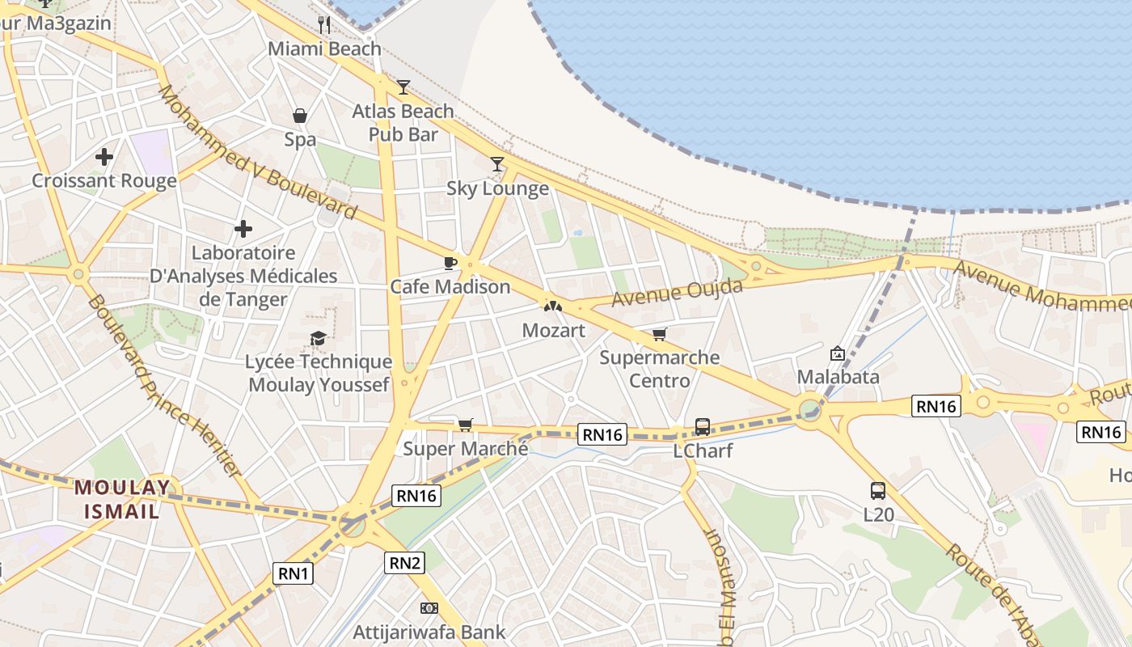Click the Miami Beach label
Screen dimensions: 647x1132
click(x=324, y=49)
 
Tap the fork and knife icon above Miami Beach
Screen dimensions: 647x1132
click(x=324, y=24)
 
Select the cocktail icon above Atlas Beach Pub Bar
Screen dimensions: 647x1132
click(x=403, y=87)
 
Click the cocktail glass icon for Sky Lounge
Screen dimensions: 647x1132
click(x=497, y=164)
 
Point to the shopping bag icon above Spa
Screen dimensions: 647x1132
click(x=300, y=116)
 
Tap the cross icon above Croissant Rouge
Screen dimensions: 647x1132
click(x=104, y=157)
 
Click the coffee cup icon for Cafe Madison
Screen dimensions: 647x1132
click(x=450, y=263)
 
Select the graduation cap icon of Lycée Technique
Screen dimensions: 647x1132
click(x=318, y=338)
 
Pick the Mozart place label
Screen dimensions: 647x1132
click(x=553, y=330)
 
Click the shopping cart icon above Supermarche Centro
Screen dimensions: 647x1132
click(x=660, y=334)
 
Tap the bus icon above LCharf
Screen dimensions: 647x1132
click(x=703, y=426)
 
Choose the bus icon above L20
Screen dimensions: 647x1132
click(x=877, y=490)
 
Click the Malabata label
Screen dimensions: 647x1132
click(x=838, y=377)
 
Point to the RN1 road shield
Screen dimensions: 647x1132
click(x=293, y=573)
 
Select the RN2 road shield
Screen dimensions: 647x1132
click(x=404, y=562)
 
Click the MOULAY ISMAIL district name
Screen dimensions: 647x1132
click(x=123, y=499)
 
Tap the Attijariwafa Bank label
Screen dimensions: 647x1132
click(x=429, y=632)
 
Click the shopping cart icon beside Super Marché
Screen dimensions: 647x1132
click(x=465, y=425)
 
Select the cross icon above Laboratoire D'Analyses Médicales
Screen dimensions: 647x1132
click(x=243, y=230)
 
